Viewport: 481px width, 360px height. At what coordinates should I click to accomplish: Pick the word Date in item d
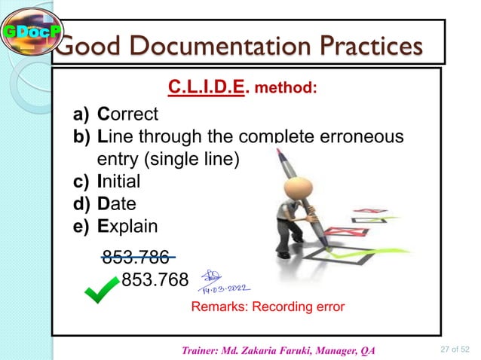click(116, 203)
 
